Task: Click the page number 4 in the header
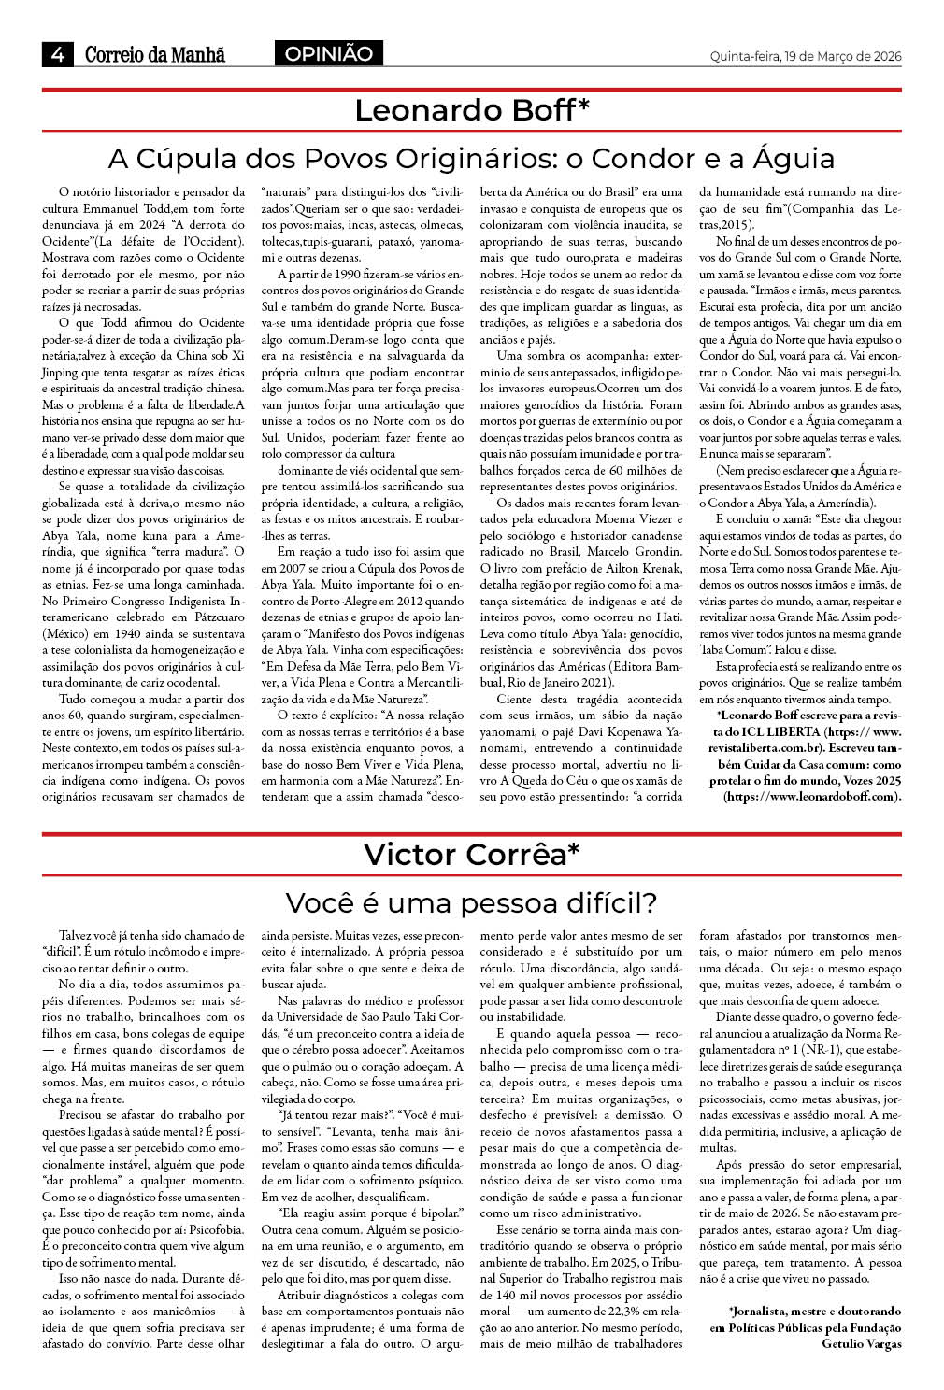58,55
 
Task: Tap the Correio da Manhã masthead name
155,55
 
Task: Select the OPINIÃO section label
328,54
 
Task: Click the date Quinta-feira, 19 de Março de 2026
806,56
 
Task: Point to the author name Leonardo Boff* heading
472,110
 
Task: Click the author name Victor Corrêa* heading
472,854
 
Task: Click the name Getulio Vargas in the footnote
862,1343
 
